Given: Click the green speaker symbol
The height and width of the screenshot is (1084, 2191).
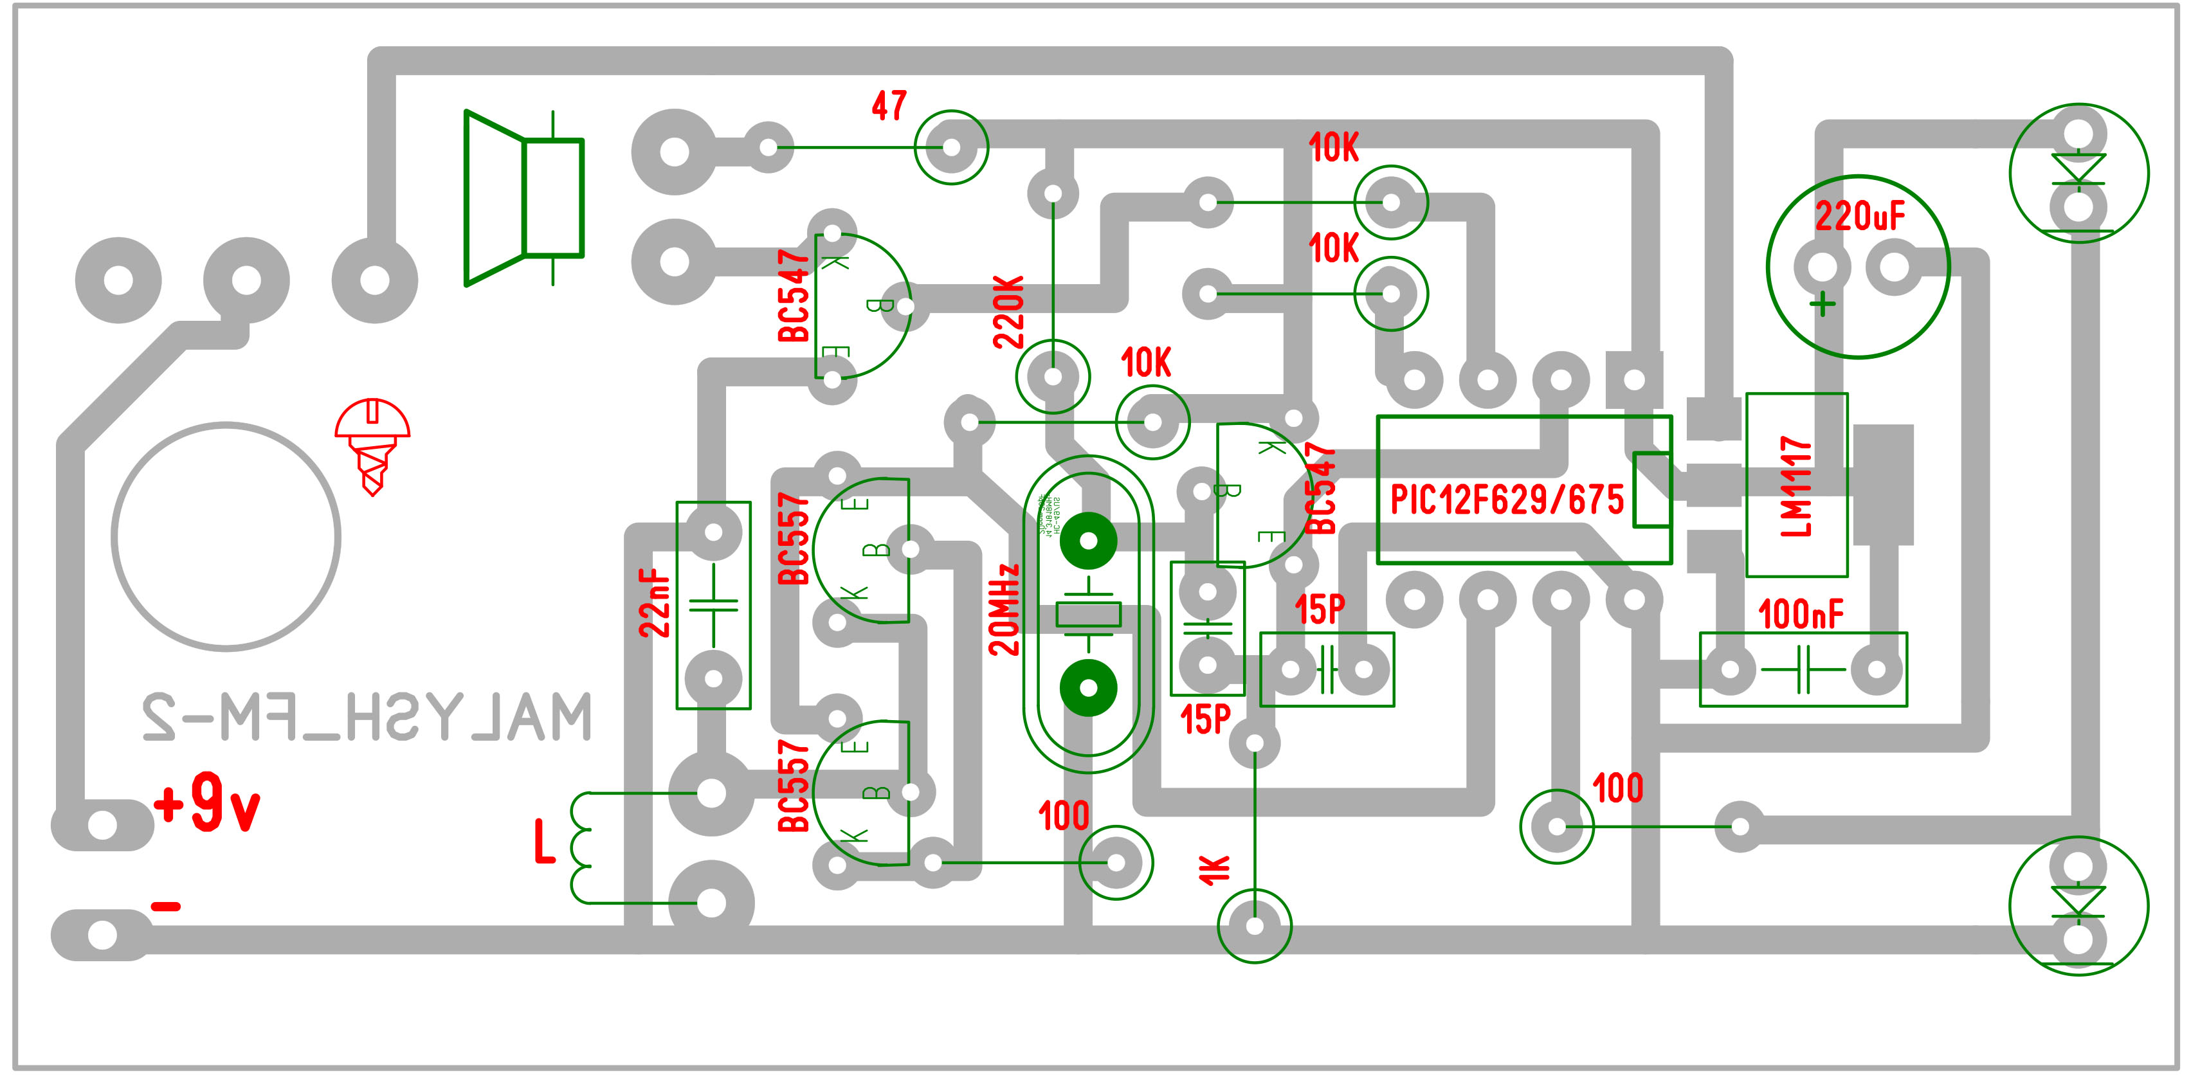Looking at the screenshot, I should click(523, 198).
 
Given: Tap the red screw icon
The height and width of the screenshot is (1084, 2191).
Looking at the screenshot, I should click(372, 444).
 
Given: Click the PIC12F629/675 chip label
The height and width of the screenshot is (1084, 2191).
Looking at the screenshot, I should click(1506, 500).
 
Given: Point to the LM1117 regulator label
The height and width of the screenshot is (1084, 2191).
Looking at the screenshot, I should click(1796, 486).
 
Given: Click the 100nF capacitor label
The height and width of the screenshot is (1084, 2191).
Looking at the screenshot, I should click(1800, 614).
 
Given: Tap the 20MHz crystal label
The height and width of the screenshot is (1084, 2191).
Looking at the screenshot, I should click(1004, 609).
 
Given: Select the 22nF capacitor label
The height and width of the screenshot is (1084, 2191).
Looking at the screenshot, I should click(655, 603).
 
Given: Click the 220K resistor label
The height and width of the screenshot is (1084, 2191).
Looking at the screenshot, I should click(1009, 311).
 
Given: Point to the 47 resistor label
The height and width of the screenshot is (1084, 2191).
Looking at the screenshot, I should click(889, 106).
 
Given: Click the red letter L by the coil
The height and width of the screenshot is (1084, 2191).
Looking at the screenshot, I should click(544, 841).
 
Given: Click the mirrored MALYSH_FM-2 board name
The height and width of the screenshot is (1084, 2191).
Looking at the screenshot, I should click(366, 717).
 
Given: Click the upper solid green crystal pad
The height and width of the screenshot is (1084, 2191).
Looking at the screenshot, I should click(1088, 541).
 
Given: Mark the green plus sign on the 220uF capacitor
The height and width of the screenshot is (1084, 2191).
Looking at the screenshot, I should click(1822, 304).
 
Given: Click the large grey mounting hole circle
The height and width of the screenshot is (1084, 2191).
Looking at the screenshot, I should click(226, 536).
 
